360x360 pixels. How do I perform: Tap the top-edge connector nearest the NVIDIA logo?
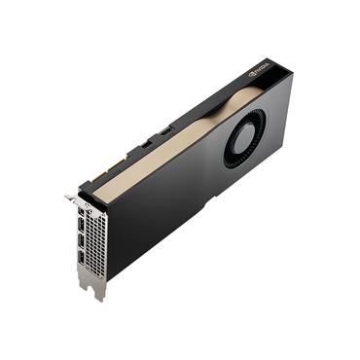click(x=166, y=129)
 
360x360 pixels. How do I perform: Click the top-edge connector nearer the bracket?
click(x=144, y=144)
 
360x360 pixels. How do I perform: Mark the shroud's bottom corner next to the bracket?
click(x=110, y=278)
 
